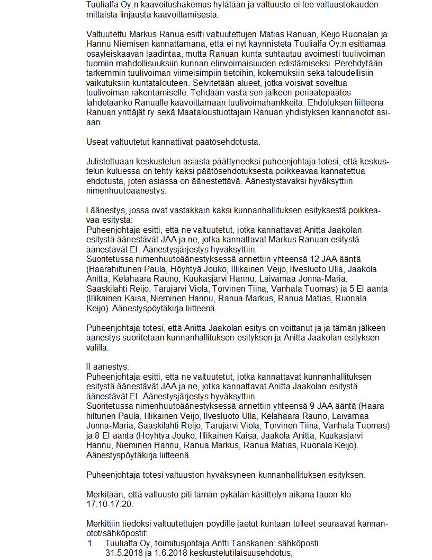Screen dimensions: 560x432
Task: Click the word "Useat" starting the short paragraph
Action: pyautogui.click(x=97, y=142)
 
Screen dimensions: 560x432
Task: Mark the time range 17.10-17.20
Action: pyautogui.click(x=110, y=504)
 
